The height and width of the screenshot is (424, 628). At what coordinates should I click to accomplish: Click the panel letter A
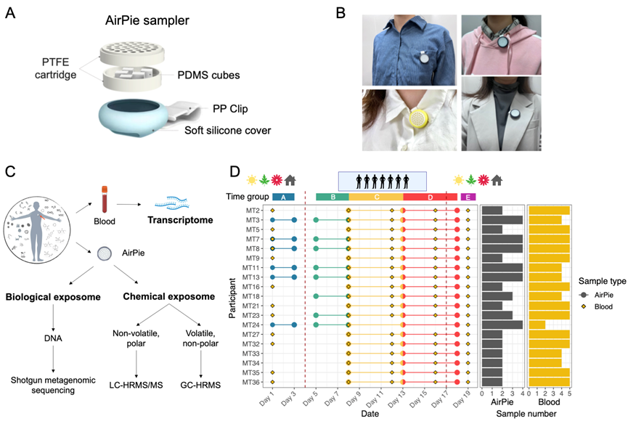click(x=9, y=13)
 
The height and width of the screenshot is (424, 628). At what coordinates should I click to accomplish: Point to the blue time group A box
click(x=283, y=197)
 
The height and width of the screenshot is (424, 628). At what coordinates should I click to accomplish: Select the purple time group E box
click(x=468, y=197)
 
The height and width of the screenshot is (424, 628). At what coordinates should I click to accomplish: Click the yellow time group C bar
click(x=375, y=197)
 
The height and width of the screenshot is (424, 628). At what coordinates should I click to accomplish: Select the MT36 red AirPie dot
click(x=457, y=381)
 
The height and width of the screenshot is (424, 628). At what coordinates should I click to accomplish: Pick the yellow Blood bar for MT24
click(x=537, y=325)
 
